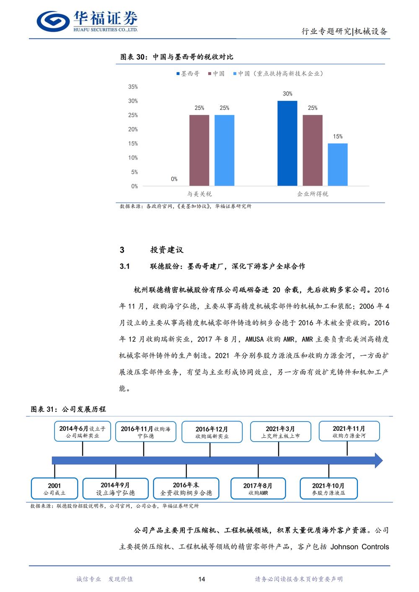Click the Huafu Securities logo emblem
point(53,21)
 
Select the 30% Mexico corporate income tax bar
point(287,143)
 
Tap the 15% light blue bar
point(338,165)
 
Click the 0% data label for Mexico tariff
point(174,179)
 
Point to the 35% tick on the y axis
point(133,87)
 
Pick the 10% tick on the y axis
point(133,158)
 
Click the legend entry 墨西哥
point(188,74)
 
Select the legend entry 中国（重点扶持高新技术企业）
point(279,74)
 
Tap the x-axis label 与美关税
point(199,194)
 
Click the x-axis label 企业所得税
point(313,194)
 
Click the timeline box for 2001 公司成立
point(54,489)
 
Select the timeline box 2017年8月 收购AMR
point(258,489)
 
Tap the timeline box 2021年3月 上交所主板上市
point(281,432)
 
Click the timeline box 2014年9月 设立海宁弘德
point(116,489)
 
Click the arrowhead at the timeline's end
point(378,460)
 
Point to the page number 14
point(202,579)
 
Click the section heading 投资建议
point(167,250)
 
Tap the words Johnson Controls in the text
point(360,547)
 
